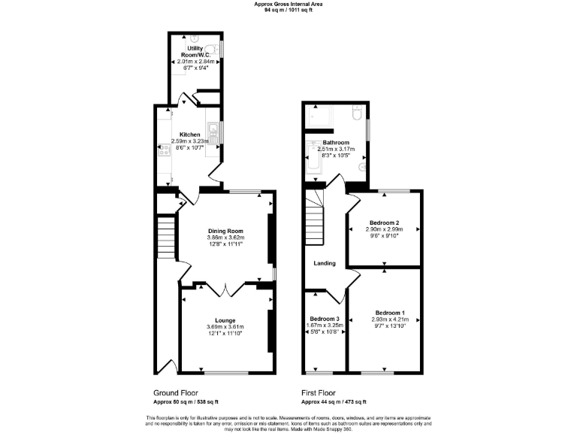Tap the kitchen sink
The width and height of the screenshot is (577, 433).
pyautogui.click(x=212, y=134)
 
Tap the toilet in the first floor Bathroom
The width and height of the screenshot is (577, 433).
pyautogui.click(x=358, y=113)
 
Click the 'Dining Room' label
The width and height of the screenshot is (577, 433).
pyautogui.click(x=226, y=231)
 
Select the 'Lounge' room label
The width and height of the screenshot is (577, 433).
pyautogui.click(x=225, y=319)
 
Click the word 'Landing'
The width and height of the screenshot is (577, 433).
pyautogui.click(x=325, y=263)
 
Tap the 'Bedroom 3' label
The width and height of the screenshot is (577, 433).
pyautogui.click(x=325, y=319)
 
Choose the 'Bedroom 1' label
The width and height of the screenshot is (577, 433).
pyautogui.click(x=390, y=312)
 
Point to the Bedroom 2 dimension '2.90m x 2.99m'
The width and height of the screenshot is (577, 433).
pyautogui.click(x=384, y=229)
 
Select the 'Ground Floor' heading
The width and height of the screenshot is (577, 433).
pyautogui.click(x=177, y=393)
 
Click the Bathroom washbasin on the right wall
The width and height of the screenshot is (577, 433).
pyautogui.click(x=362, y=168)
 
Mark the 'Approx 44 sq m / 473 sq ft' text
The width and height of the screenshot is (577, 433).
pyautogui.click(x=334, y=402)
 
